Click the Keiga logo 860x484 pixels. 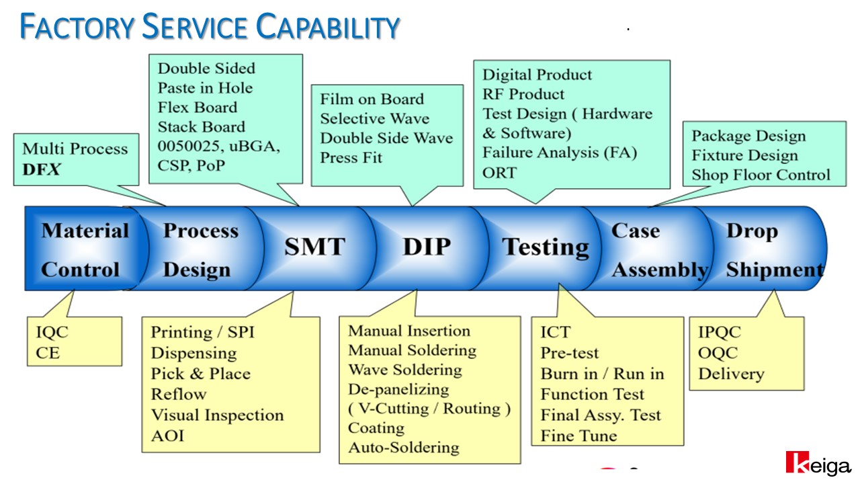click(818, 464)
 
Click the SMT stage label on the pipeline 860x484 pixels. click(315, 247)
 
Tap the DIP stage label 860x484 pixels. click(427, 247)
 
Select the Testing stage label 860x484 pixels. click(546, 248)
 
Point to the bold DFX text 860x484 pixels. click(42, 169)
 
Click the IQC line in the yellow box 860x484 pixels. click(52, 332)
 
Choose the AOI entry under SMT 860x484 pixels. click(167, 436)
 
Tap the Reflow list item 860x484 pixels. click(179, 395)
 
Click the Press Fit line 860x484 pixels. click(351, 158)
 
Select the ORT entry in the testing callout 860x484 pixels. click(499, 173)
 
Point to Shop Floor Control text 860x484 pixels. click(761, 175)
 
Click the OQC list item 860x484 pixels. click(718, 353)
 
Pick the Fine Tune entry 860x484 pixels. click(579, 436)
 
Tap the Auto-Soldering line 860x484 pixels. click(404, 448)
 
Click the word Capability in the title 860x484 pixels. click(327, 27)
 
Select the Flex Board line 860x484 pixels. click(198, 108)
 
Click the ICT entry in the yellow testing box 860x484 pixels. click(556, 332)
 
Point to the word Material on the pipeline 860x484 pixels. click(85, 231)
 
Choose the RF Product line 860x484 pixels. click(523, 95)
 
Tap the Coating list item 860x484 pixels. click(376, 428)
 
